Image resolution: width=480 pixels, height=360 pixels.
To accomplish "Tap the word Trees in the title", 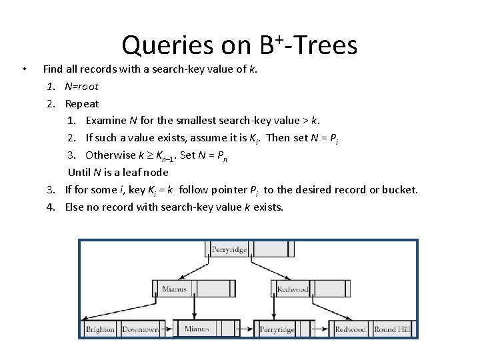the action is coord(325,45).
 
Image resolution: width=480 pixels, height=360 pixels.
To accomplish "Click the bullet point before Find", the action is coord(23,69).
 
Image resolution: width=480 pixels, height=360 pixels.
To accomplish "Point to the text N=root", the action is coord(81,86).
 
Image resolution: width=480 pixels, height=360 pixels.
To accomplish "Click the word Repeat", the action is coord(81,103).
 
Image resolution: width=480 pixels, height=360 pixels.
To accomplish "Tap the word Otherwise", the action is coord(110,155).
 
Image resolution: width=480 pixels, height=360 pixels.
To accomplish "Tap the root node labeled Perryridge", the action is coord(229,250).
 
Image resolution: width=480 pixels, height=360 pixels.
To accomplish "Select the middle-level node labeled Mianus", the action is coord(175,289).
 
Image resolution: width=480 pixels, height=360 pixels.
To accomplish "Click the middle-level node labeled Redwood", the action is coord(293,289).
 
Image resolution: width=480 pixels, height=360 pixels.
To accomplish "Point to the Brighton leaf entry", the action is coord(101,329).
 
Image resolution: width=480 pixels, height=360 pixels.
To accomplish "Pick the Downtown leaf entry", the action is coord(140,329).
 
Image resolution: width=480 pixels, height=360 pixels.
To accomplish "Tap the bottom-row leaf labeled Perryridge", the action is coord(277,329).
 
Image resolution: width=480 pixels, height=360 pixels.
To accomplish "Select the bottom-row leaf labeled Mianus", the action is coord(197,329).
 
